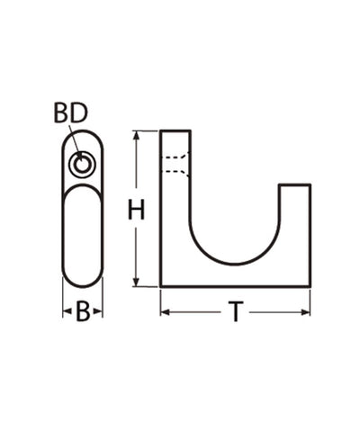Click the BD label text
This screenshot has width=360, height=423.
[x=71, y=112]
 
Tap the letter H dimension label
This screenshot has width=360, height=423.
[x=136, y=211]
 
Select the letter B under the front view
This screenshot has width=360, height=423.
[x=82, y=312]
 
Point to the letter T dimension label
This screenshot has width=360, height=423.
[x=235, y=312]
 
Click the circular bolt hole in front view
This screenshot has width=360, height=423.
[x=83, y=164]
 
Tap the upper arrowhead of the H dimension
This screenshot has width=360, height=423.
[x=136, y=136]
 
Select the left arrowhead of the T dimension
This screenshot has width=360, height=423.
[x=166, y=312]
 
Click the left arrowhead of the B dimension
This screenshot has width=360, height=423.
[x=66, y=312]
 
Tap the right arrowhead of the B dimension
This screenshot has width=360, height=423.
[x=99, y=312]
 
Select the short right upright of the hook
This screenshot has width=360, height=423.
[x=295, y=225]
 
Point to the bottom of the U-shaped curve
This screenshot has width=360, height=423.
[x=234, y=264]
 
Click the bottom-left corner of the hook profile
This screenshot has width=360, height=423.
[x=161, y=286]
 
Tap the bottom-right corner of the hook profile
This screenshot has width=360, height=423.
[x=310, y=286]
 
